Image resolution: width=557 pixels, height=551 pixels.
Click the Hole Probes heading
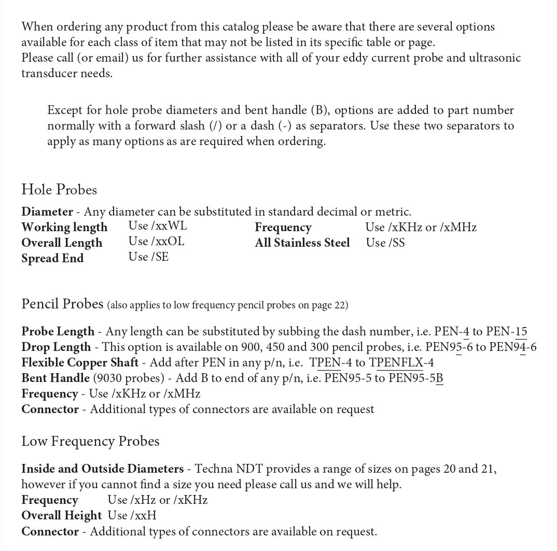(59, 190)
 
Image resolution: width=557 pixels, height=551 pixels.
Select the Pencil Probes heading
(62, 304)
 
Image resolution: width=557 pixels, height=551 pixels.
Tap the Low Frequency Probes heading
(90, 441)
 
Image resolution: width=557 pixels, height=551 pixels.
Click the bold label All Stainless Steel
(302, 243)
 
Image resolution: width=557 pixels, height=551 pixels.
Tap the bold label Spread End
(52, 258)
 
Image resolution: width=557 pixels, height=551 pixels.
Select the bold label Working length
(64, 227)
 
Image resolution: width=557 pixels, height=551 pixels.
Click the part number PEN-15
(506, 331)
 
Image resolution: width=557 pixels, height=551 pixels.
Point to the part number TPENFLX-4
(401, 363)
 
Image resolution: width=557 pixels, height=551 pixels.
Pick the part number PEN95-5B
(415, 378)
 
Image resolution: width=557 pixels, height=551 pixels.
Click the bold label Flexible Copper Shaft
(80, 363)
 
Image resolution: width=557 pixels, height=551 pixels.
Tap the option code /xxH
(144, 515)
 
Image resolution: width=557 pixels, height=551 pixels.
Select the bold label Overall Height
(61, 516)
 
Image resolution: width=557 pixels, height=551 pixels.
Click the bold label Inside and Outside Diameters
(102, 469)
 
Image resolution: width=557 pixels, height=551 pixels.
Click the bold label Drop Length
(56, 347)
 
